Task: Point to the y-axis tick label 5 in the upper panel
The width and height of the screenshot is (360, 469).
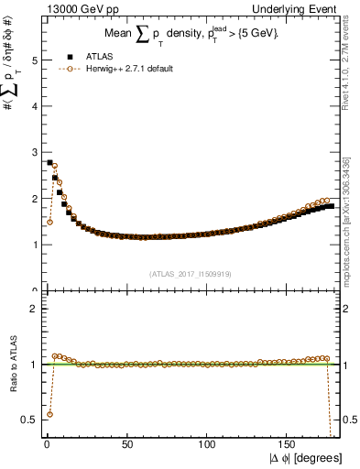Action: pos(33,60)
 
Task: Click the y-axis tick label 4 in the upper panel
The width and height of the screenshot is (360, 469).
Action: pos(33,106)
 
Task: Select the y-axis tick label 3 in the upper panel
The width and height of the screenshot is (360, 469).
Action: pos(33,152)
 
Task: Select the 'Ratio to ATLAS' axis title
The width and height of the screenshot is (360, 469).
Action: pos(13,364)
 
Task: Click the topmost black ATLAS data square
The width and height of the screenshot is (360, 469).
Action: pos(49,162)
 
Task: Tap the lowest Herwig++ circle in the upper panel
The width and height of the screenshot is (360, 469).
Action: pos(49,222)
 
